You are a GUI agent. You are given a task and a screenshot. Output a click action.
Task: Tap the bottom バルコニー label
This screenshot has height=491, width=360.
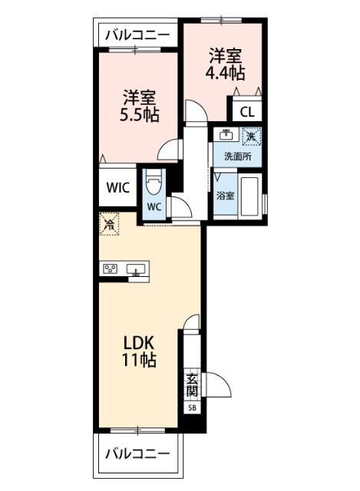click(137, 453)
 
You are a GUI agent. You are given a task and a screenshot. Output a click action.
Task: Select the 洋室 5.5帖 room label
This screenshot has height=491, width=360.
click(139, 107)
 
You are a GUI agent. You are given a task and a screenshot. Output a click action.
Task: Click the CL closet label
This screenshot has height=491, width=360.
click(246, 112)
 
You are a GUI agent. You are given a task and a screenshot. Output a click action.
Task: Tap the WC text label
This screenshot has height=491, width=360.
click(153, 207)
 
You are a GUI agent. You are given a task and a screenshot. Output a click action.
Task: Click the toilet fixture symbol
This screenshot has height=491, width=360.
click(154, 183)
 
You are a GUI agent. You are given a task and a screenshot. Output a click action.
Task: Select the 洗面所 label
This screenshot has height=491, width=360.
click(236, 157)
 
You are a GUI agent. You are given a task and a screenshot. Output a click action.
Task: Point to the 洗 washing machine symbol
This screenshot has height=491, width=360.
click(251, 137)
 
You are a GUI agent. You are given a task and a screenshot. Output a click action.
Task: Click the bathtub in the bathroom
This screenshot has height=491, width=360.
click(250, 197)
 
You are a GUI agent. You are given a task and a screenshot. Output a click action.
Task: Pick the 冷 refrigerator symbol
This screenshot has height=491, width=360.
click(111, 225)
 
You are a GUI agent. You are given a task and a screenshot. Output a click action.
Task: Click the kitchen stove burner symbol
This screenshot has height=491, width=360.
click(111, 269)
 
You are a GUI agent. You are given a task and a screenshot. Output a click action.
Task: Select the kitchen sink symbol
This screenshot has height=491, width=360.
click(138, 269)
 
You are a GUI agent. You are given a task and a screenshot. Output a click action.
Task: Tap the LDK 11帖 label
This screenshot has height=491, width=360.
click(140, 349)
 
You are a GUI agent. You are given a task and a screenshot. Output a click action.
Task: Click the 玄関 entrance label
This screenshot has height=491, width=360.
click(192, 384)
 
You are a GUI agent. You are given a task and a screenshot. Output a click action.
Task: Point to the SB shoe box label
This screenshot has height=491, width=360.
click(192, 408)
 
